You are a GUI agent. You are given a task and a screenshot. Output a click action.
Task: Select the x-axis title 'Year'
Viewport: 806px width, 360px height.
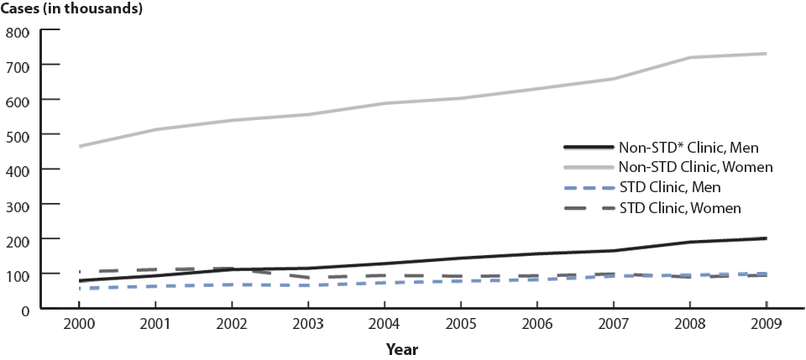click(x=403, y=348)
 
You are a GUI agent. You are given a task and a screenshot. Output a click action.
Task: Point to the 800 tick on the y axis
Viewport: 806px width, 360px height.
click(x=18, y=32)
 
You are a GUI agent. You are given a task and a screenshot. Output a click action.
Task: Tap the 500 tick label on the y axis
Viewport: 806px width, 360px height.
click(x=18, y=135)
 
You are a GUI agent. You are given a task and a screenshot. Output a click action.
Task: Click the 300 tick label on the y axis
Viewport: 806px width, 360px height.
click(x=18, y=205)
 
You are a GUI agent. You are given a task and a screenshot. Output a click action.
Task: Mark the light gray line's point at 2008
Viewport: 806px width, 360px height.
click(x=689, y=57)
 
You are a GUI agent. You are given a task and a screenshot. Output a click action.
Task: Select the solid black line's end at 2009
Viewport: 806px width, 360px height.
click(x=766, y=238)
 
